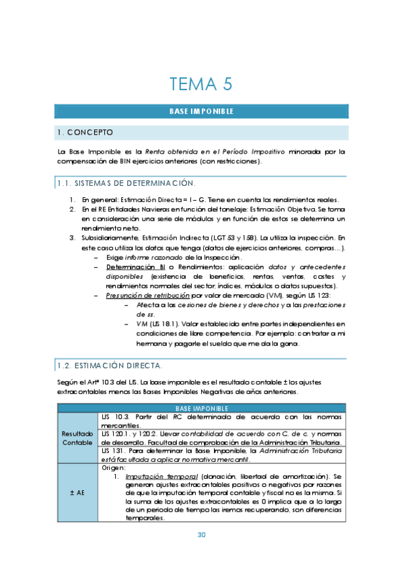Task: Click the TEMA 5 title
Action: coord(201,84)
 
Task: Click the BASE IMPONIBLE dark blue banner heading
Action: coord(201,111)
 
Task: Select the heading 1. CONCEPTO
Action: coord(86,132)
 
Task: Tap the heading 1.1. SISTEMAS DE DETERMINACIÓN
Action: coord(126,183)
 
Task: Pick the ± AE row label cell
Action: coord(77,493)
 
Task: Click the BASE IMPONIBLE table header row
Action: coord(201,408)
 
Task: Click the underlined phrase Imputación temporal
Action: coord(154,476)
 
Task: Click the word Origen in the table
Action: coord(113,467)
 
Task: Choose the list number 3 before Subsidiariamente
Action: coord(72,238)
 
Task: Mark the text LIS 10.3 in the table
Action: coord(113,417)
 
